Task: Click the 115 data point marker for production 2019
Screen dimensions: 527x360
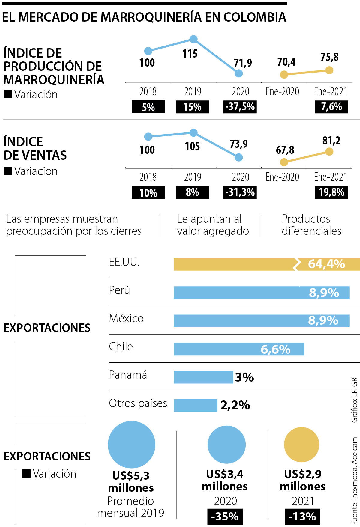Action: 193,39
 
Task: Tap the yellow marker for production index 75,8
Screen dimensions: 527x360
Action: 329,70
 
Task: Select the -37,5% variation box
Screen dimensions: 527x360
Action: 240,107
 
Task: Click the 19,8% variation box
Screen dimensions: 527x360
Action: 331,192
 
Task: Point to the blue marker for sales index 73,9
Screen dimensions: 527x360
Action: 238,157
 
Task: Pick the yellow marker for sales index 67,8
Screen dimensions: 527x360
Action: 284,162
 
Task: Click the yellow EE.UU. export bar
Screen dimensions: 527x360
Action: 234,264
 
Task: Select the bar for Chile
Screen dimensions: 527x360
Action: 239,349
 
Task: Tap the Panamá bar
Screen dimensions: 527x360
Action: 203,377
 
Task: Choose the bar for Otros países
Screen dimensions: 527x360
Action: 195,405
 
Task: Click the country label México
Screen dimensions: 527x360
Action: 126,318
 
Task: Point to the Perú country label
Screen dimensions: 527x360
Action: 119,290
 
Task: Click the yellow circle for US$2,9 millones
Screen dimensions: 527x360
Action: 301,445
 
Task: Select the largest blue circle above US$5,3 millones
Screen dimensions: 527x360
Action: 131,445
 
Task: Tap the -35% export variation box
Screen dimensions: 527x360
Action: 225,517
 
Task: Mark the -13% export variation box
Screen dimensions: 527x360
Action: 302,517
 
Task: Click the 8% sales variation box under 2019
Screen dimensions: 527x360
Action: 192,192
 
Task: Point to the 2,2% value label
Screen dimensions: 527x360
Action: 235,405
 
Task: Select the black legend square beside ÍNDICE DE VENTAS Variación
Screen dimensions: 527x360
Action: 8,171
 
